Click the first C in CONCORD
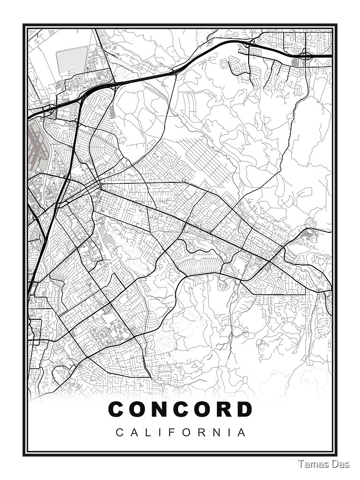click(x=118, y=409)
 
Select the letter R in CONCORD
click(x=223, y=409)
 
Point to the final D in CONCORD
click(x=244, y=409)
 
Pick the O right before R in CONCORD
click(x=202, y=409)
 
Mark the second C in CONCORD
click(x=181, y=409)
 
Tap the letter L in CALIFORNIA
click(x=146, y=432)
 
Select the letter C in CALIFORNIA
click(x=119, y=432)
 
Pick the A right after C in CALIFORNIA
click(x=133, y=432)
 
